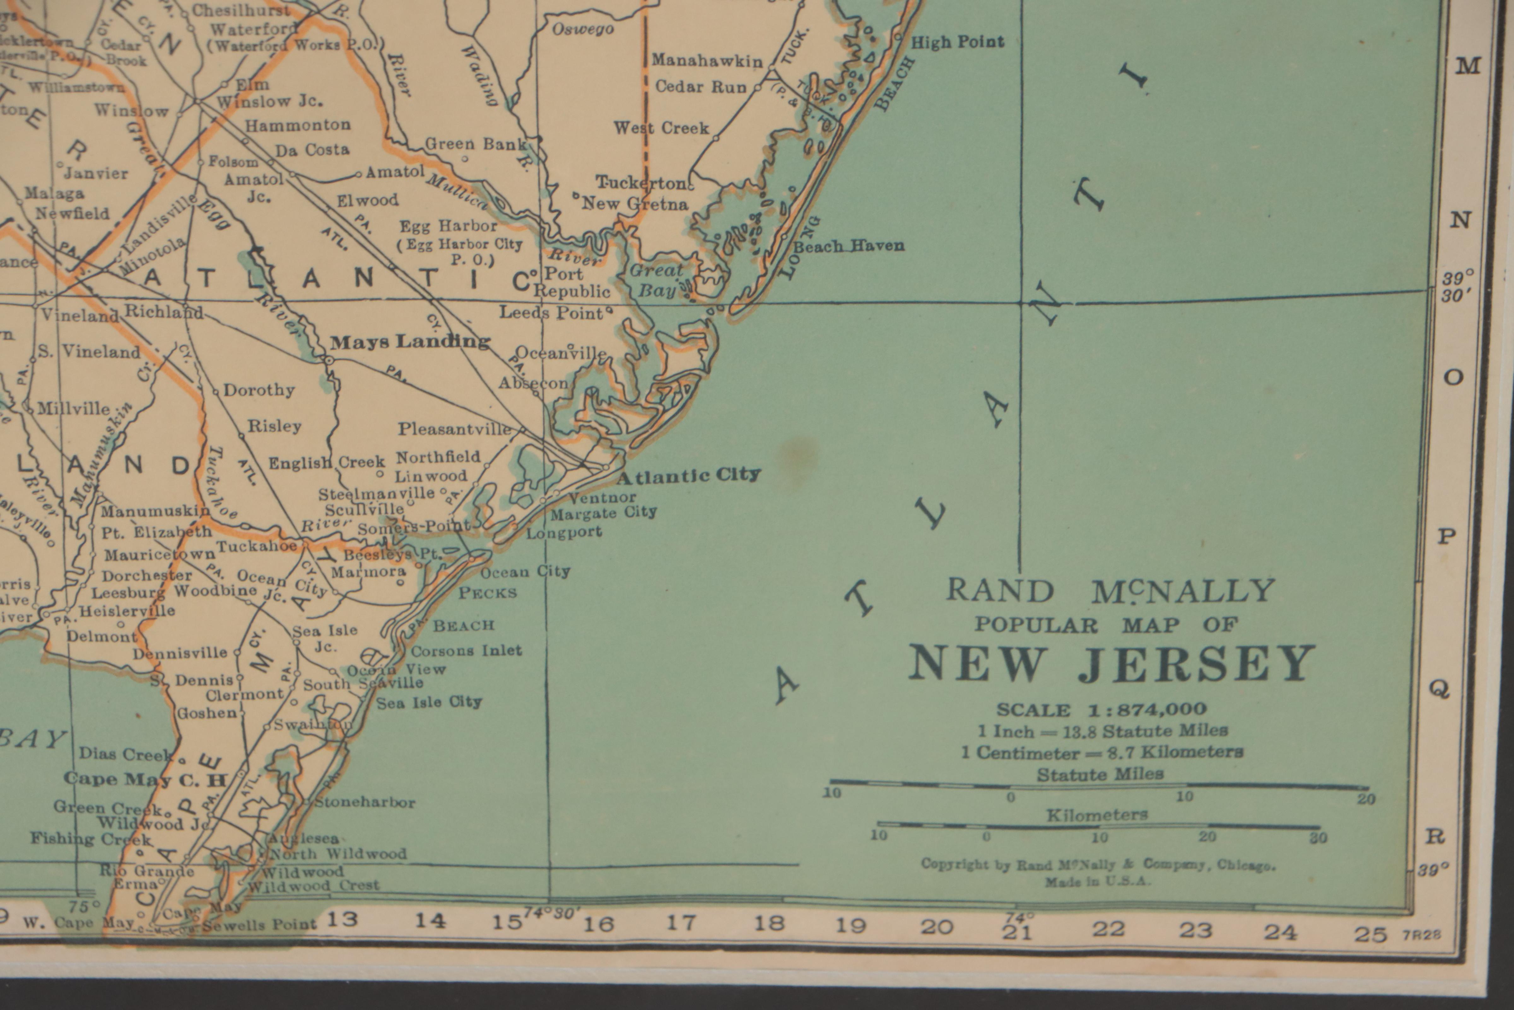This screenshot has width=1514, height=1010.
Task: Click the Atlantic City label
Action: [689, 476]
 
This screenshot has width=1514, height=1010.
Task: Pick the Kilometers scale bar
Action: [1098, 825]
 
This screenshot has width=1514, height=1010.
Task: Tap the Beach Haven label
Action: [848, 246]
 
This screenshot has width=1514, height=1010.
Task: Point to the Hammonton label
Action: [297, 125]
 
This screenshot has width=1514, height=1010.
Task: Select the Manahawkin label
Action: [707, 61]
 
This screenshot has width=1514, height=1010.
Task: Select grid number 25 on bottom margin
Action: [1370, 933]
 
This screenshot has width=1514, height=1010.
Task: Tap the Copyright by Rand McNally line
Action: [1098, 864]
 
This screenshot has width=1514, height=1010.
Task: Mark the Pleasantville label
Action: [454, 428]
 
